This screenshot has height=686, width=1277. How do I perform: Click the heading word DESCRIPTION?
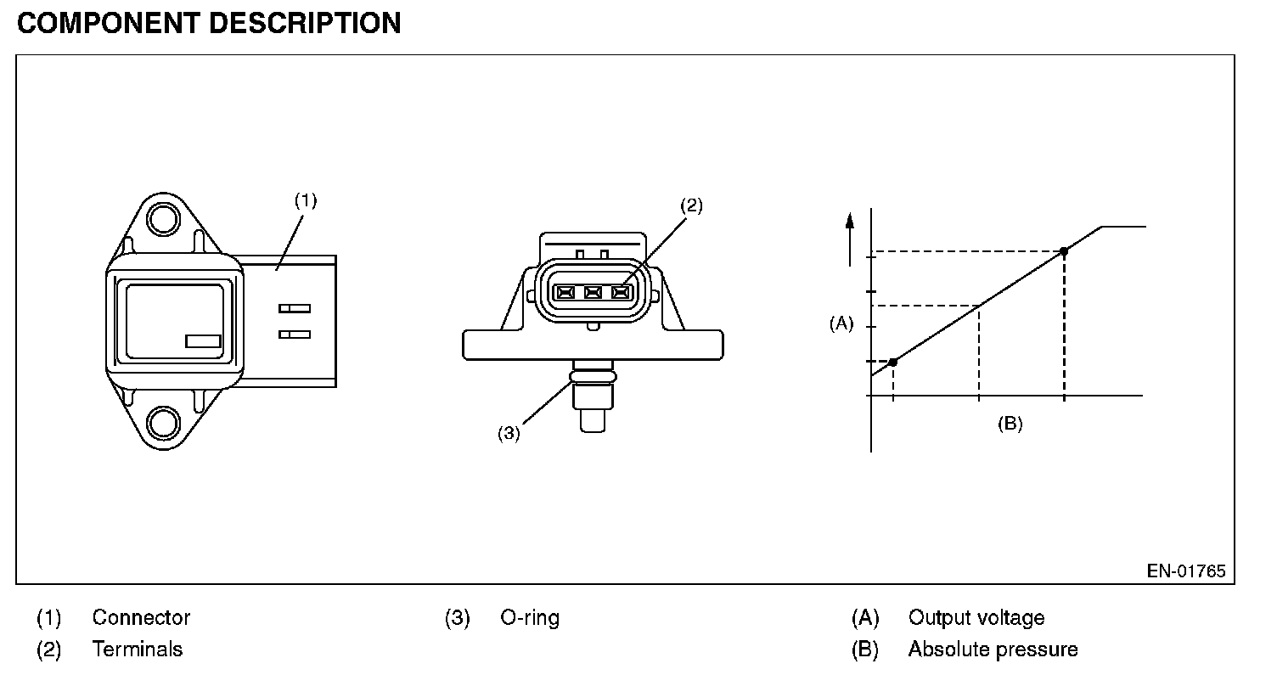coord(305,24)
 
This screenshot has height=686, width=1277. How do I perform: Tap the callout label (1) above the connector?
coord(306,200)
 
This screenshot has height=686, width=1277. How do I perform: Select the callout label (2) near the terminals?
coord(691,205)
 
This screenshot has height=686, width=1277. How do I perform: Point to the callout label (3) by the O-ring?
coord(509,433)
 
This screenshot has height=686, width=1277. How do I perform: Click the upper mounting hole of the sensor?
coord(164,218)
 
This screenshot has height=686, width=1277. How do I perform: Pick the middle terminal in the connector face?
coord(593,293)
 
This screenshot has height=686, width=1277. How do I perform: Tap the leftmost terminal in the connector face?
coord(565,293)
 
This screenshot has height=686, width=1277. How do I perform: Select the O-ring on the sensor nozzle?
coord(593,377)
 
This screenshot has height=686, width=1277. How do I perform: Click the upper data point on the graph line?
coord(1064,251)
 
